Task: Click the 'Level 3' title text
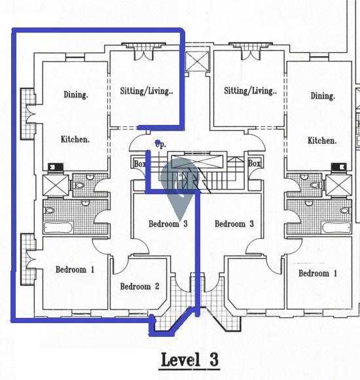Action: [190, 360]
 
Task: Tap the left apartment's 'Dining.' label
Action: [76, 95]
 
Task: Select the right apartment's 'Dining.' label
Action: [323, 95]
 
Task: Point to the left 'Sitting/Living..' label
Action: [147, 91]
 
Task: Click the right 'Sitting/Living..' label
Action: [250, 91]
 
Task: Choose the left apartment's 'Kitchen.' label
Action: [75, 139]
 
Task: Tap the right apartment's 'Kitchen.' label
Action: [322, 141]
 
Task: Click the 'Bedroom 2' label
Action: [139, 286]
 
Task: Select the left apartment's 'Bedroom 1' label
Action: [75, 269]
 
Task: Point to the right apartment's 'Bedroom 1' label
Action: [318, 273]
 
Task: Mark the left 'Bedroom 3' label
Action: [168, 224]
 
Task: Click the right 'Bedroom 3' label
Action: [234, 224]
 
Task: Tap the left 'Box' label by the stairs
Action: [139, 164]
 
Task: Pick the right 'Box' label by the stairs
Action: [255, 164]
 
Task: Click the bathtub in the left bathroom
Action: [58, 228]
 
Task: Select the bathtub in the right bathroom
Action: [336, 228]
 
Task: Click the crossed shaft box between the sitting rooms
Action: [196, 61]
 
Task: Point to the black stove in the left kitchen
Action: [56, 167]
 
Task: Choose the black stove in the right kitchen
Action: [339, 167]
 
